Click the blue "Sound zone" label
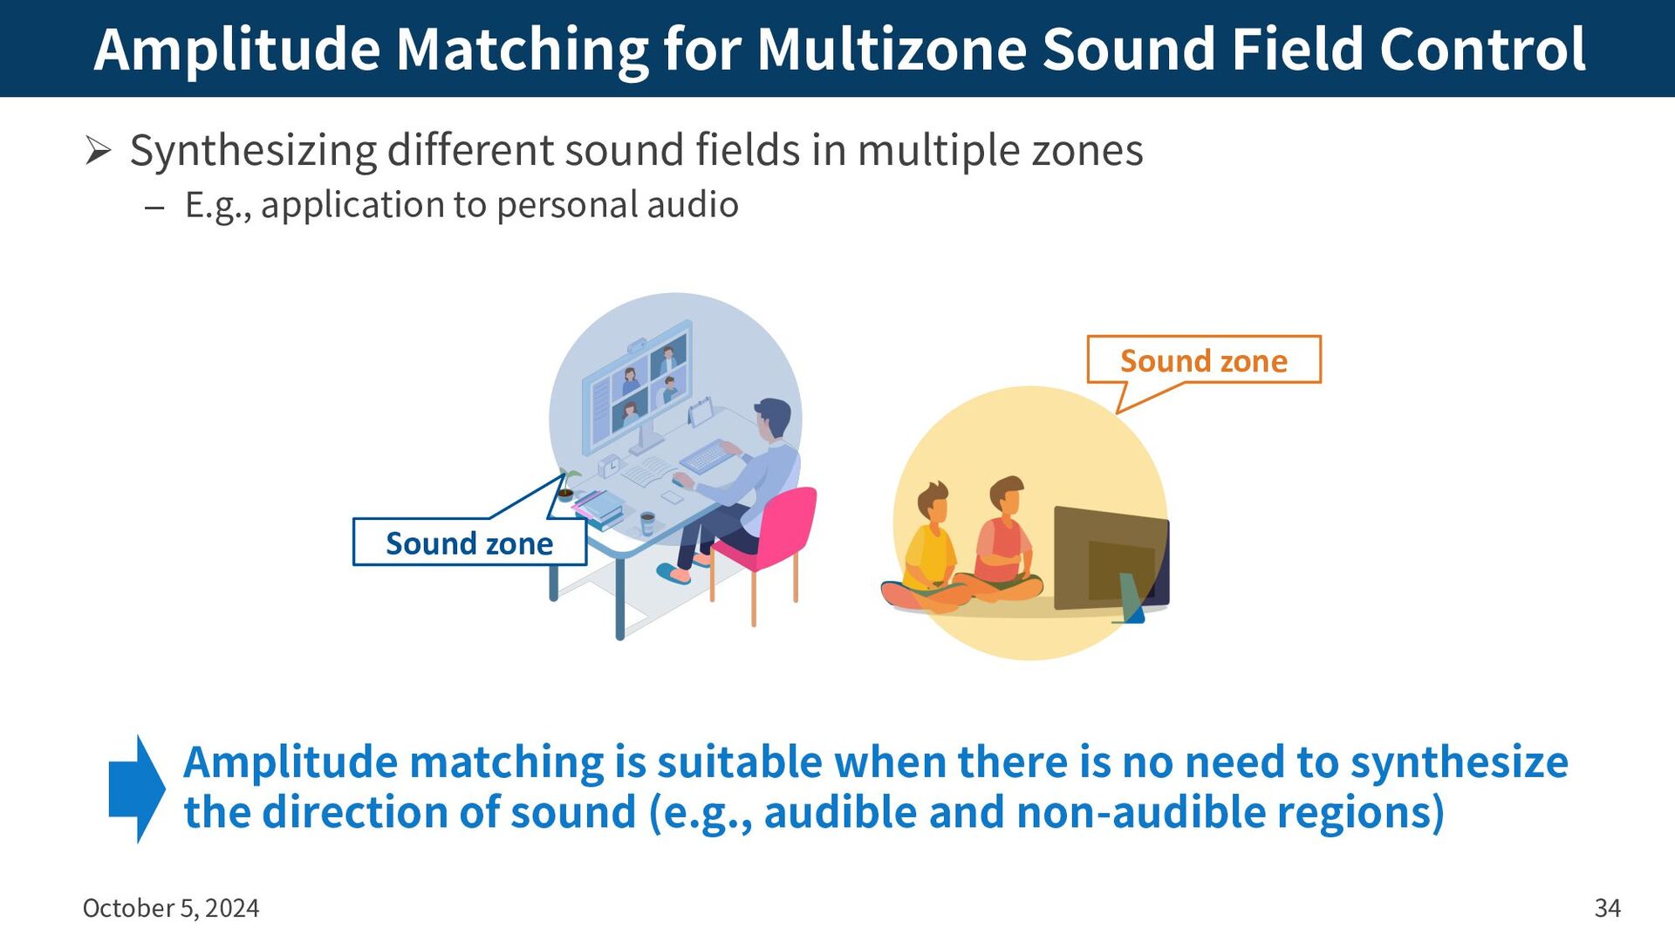469,543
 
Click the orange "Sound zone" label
1204,361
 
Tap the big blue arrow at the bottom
137,788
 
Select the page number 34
1607,908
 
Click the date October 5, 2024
171,908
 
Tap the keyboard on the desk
708,455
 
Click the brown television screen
1111,559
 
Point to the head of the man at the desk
772,420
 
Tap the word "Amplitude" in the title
237,51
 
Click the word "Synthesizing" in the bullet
253,152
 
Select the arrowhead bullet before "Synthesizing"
98,151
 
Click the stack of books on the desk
598,509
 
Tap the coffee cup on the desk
647,523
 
